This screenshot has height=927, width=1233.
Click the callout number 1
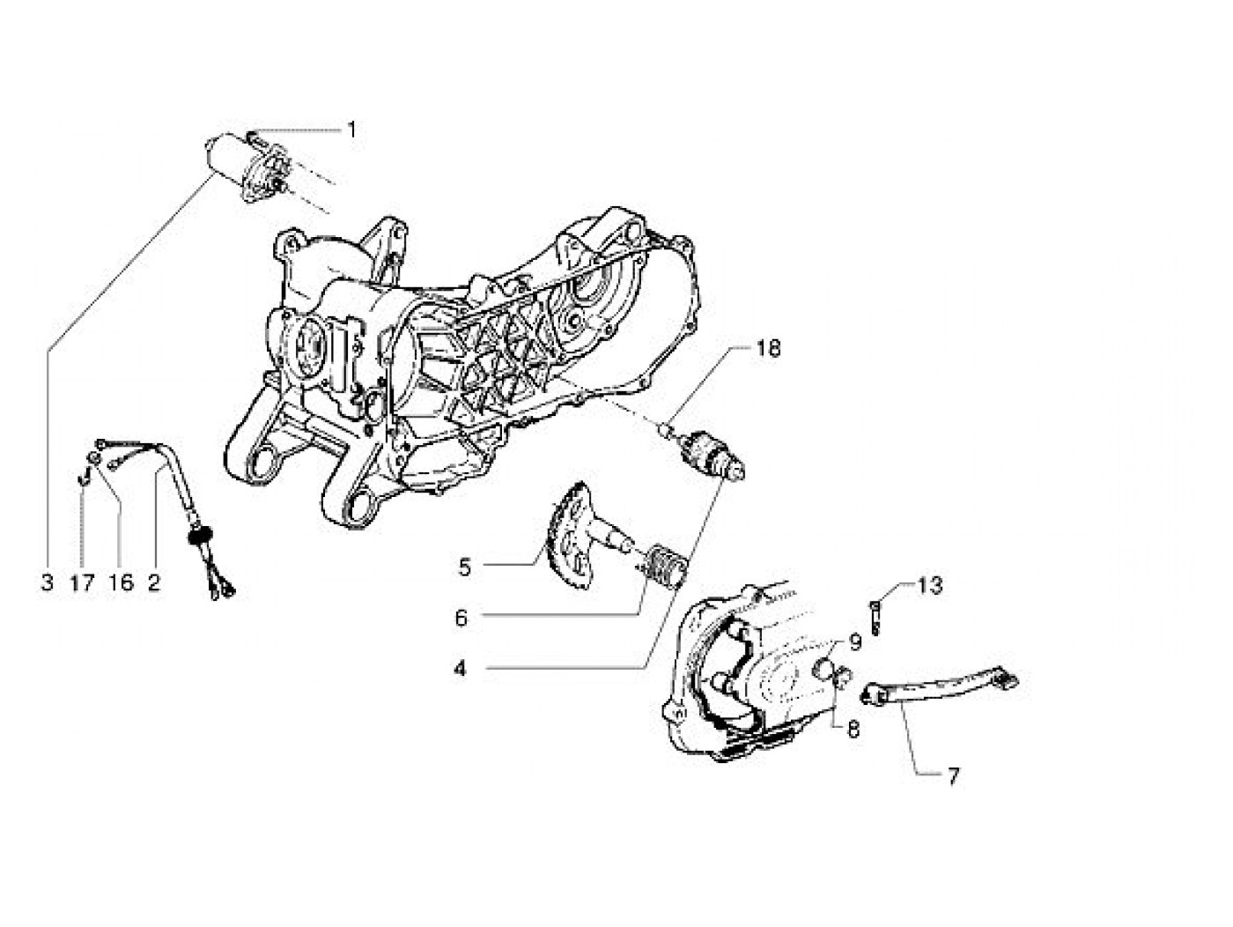point(351,131)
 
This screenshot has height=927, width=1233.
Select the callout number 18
point(767,350)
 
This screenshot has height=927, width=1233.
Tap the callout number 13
point(929,586)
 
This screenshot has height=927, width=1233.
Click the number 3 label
point(47,582)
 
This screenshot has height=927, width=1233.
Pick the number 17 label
point(82,582)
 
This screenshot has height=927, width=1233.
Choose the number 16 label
point(121,582)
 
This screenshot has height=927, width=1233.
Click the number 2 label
point(154,582)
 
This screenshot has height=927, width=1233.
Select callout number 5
point(464,567)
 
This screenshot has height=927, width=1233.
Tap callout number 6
point(461,618)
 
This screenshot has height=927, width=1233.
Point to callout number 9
point(853,642)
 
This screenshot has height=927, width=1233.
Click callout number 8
point(853,730)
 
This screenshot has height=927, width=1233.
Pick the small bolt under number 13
point(876,617)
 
